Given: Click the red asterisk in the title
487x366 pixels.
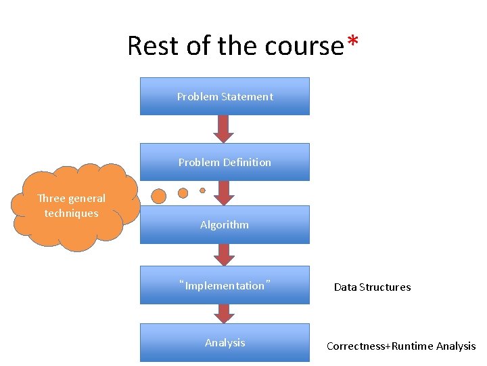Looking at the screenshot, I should point(352,42).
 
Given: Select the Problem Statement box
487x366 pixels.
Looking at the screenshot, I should point(225,96).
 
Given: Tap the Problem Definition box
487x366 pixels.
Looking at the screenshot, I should point(225,162).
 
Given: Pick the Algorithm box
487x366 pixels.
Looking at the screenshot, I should point(225,224).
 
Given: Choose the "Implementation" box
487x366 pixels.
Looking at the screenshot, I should point(225,285).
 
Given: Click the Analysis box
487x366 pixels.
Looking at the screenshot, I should point(225,343).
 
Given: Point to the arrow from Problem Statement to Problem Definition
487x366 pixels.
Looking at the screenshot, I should point(225,129).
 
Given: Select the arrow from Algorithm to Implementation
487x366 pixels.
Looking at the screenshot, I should point(225,254).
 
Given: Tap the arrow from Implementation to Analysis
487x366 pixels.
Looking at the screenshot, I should point(225,313).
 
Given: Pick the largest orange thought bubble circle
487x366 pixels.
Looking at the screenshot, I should point(159,197).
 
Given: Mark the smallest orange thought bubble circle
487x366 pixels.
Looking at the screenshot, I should point(202,190).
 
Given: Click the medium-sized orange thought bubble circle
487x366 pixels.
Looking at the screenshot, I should point(183,193).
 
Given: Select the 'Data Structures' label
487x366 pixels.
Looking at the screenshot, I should point(372,287).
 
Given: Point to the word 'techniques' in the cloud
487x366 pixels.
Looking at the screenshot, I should point(72,213).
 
